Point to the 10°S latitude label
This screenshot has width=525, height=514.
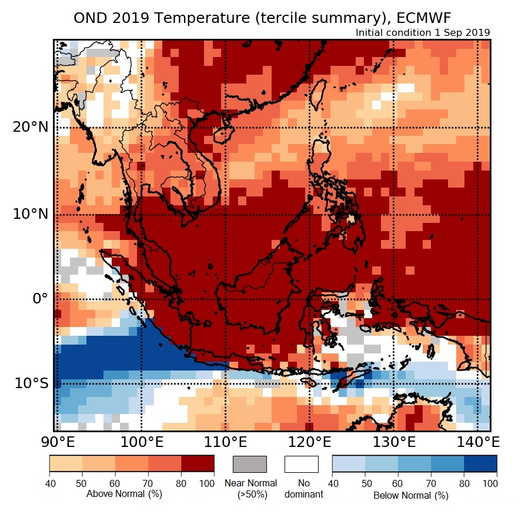click(x=31, y=383)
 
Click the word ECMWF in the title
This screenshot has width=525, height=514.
click(x=422, y=18)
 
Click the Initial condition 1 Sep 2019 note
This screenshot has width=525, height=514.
click(x=423, y=32)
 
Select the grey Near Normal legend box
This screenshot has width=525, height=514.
click(x=250, y=464)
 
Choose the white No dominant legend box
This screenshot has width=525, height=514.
click(x=301, y=464)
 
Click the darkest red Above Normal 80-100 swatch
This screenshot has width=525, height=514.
click(x=197, y=464)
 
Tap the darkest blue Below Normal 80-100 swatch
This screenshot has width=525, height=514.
click(x=480, y=464)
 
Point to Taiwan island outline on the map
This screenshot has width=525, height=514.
click(x=316, y=94)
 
